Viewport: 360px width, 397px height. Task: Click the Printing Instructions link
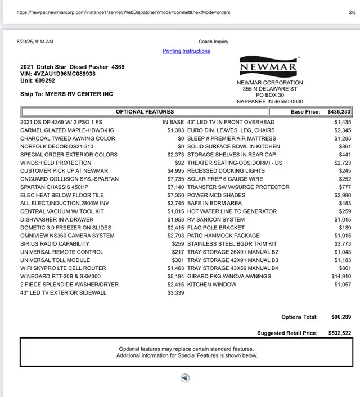186,51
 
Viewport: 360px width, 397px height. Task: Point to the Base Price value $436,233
339,112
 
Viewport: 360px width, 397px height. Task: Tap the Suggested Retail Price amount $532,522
340,333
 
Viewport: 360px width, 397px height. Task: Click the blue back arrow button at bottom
185,378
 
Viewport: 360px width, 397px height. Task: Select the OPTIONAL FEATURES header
145,112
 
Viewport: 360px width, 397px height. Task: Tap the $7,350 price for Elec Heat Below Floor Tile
175,195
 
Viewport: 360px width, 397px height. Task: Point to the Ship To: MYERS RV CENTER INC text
66,94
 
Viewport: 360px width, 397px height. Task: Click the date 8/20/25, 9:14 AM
35,42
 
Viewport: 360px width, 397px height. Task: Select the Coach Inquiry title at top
213,42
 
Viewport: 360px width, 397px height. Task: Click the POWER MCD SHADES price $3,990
341,195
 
